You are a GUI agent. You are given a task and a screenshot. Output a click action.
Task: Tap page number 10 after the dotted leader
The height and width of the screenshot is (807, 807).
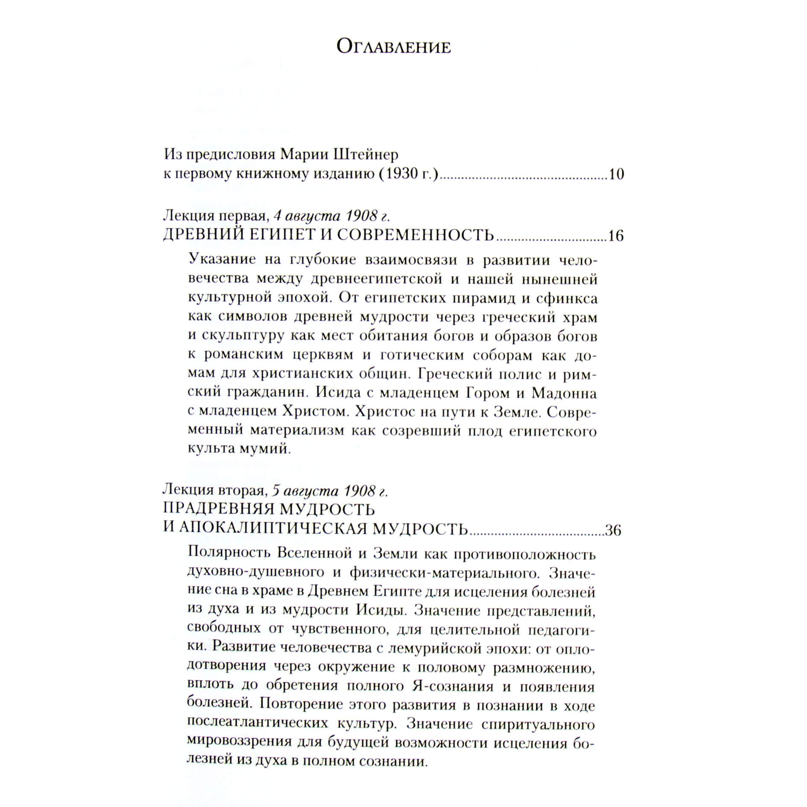(x=616, y=174)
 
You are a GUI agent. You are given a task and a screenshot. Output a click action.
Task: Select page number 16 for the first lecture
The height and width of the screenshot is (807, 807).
(x=616, y=236)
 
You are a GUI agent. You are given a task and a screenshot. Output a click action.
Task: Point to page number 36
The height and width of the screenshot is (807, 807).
(x=613, y=530)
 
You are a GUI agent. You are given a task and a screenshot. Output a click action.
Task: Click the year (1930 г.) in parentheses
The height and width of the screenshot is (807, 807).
(x=409, y=174)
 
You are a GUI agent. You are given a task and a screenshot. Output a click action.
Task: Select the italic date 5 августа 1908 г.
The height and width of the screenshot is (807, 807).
(x=330, y=491)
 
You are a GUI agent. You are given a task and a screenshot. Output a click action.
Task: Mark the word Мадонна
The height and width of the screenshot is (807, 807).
(x=564, y=393)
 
